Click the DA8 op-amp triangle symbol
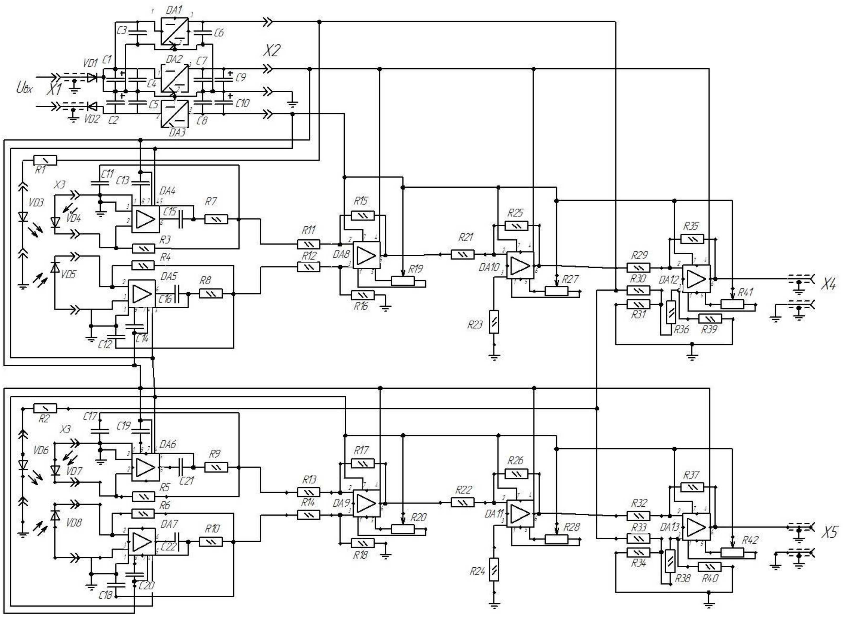point(367,255)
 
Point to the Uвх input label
point(24,88)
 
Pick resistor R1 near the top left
point(45,160)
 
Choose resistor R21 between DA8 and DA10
point(463,255)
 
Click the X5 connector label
point(830,532)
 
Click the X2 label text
point(272,51)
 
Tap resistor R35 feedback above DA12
point(692,239)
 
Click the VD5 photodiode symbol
point(55,268)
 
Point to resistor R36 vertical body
point(671,312)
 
